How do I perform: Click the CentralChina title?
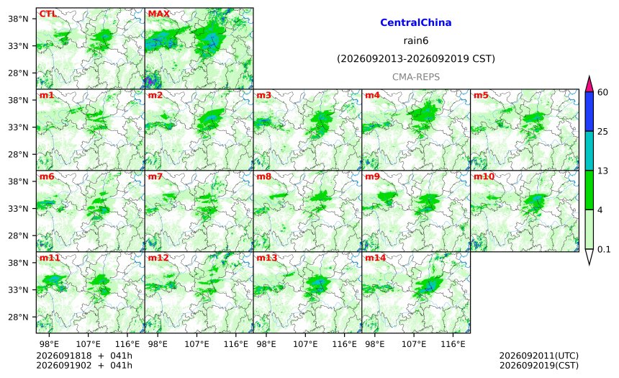click(x=416, y=22)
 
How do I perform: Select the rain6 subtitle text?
click(x=416, y=41)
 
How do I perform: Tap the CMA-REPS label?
click(x=416, y=77)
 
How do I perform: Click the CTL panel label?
click(x=48, y=14)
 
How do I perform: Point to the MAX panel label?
click(x=158, y=14)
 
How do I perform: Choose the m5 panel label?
click(x=481, y=95)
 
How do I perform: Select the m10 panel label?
click(x=484, y=176)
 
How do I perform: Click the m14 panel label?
click(x=375, y=258)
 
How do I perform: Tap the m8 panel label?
click(x=263, y=176)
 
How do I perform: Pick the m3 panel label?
click(x=263, y=95)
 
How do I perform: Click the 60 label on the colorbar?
click(x=603, y=92)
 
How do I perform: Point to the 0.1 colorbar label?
click(x=604, y=249)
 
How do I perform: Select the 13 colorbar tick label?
click(x=603, y=171)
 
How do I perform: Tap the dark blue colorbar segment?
click(x=589, y=112)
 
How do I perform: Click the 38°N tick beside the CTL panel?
click(x=18, y=19)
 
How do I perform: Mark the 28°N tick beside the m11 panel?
click(x=18, y=318)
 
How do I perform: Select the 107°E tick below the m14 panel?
click(x=414, y=344)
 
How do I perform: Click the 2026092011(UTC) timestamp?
click(x=539, y=356)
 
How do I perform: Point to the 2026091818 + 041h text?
click(x=84, y=356)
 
